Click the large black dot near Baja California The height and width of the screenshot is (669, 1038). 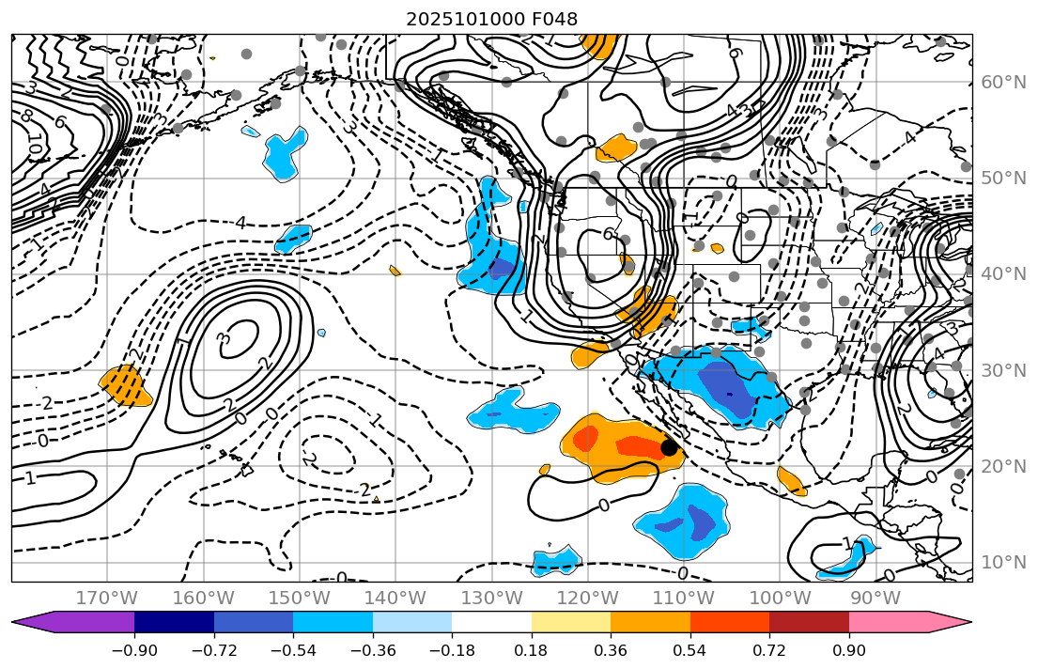tap(669, 448)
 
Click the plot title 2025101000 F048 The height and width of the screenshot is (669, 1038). tap(491, 19)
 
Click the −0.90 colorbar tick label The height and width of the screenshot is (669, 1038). tap(134, 650)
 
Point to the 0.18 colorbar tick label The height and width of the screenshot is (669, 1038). tap(532, 650)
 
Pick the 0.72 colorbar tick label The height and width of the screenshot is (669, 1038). tap(769, 650)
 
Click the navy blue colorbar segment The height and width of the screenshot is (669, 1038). tap(174, 622)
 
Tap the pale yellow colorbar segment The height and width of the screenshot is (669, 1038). tap(571, 622)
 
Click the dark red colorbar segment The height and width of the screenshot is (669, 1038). tap(809, 622)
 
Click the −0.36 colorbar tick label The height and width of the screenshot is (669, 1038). tap(373, 650)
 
